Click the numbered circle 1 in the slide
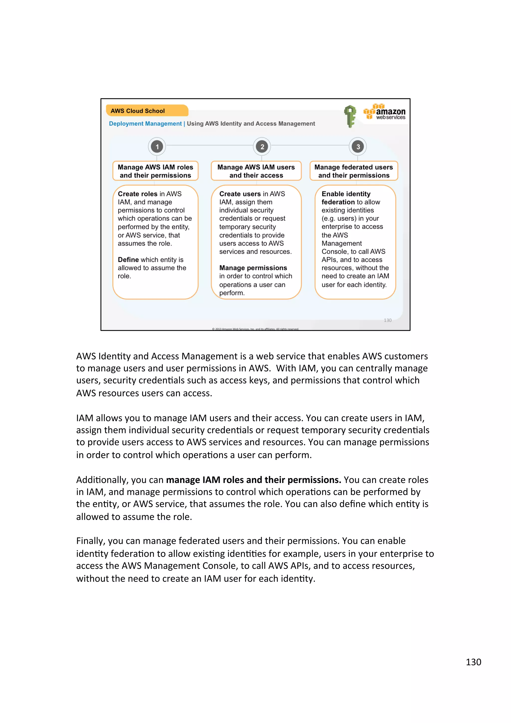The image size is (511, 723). click(157, 146)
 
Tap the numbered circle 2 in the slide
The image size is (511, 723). click(262, 146)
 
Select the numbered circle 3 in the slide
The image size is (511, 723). click(358, 146)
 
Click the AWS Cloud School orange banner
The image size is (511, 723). click(147, 111)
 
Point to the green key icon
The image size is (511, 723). click(350, 116)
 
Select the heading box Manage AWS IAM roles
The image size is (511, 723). click(155, 171)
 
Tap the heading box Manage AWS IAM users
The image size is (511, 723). click(256, 171)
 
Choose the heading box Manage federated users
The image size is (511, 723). click(354, 171)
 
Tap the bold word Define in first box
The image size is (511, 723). click(128, 260)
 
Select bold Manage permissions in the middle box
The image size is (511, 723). click(253, 268)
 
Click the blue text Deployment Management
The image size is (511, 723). click(145, 124)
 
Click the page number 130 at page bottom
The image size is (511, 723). click(473, 662)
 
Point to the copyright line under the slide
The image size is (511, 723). click(255, 329)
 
